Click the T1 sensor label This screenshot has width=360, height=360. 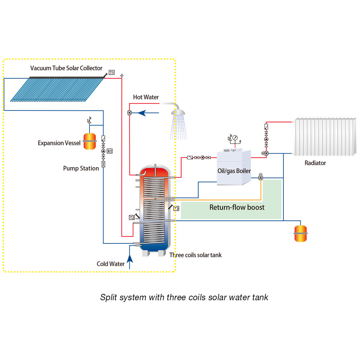pyautogui.click(x=112, y=73)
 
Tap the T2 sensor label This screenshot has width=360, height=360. pyautogui.click(x=131, y=217)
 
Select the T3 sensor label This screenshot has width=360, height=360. pyautogui.click(x=176, y=208)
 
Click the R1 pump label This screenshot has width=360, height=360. pyautogui.click(x=110, y=151)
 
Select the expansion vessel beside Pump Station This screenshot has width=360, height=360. pyautogui.click(x=89, y=142)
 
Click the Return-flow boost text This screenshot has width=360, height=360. pyautogui.click(x=237, y=207)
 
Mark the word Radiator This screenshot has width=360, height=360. pyautogui.click(x=315, y=163)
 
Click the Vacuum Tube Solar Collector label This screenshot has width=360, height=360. pyautogui.click(x=66, y=68)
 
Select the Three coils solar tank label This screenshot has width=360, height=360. pyautogui.click(x=195, y=255)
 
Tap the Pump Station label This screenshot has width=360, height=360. pyautogui.click(x=81, y=168)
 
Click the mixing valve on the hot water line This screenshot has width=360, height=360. pyautogui.click(x=129, y=113)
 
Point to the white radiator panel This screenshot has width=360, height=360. pyautogui.click(x=325, y=136)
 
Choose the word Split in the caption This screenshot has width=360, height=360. pyautogui.click(x=108, y=297)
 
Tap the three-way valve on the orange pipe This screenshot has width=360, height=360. pyautogui.click(x=260, y=178)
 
